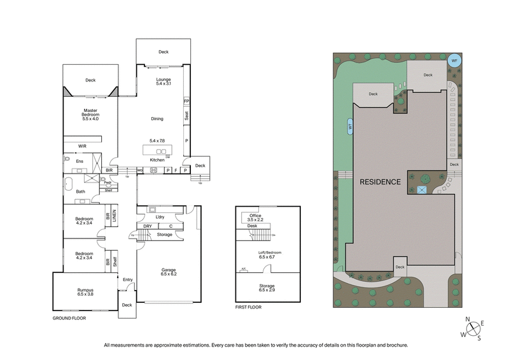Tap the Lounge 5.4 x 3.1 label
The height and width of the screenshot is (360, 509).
(x=164, y=81)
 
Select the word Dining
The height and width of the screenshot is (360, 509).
(x=157, y=119)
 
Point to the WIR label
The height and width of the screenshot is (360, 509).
(x=82, y=146)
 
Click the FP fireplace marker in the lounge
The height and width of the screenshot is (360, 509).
(x=186, y=100)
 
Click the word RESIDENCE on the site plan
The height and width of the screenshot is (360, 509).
(x=380, y=182)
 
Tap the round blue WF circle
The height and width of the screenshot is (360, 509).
(x=454, y=61)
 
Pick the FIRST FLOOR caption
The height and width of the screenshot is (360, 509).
(x=248, y=307)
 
